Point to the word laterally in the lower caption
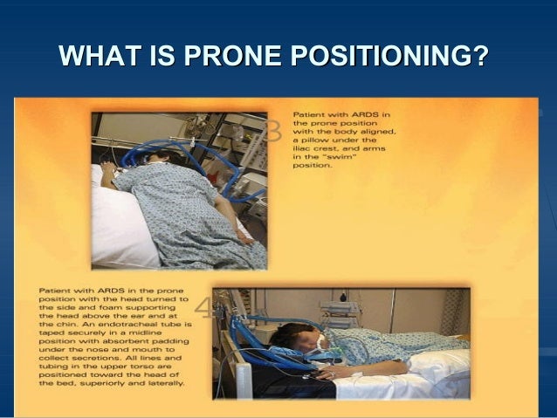159,384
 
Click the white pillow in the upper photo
118,223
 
